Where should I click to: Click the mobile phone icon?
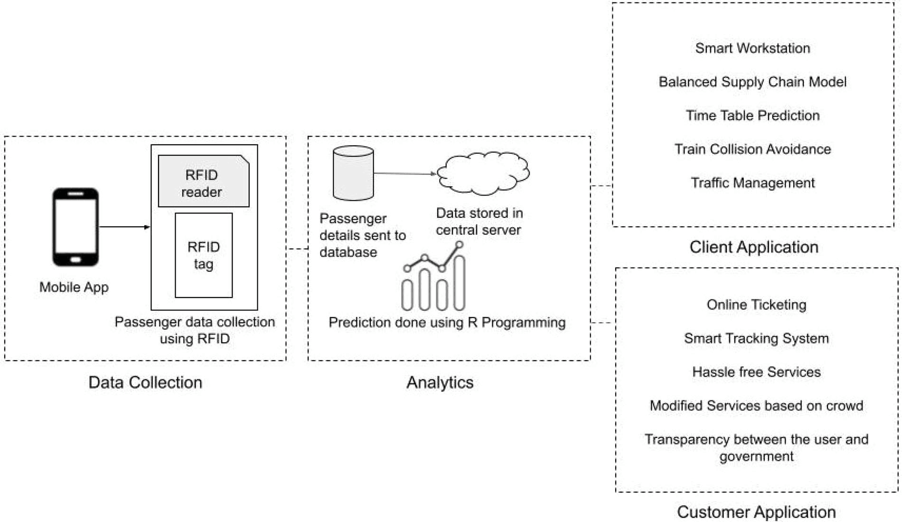point(75,227)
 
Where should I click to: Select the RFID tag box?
point(204,255)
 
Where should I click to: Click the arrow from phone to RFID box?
point(124,227)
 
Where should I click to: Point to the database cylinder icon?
point(353,173)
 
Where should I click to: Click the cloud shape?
point(483,173)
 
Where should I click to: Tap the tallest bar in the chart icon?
point(459,283)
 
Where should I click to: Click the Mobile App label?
point(74,287)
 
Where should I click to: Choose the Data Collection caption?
point(145,382)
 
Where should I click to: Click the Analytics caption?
point(440,382)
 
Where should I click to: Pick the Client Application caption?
point(754,247)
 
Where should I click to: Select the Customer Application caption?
point(756,512)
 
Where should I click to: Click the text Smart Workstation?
point(752,48)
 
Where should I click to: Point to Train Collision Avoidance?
point(752,149)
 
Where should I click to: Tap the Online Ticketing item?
point(756,305)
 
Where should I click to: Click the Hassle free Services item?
point(756,372)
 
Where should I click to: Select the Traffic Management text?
point(752,183)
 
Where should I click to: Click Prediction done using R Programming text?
point(447,323)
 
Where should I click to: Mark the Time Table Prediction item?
point(752,115)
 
